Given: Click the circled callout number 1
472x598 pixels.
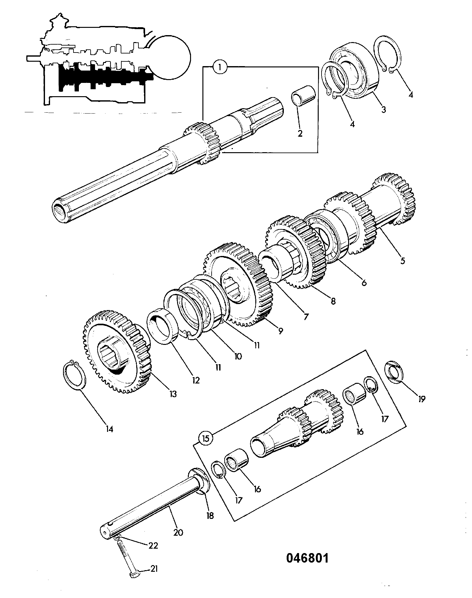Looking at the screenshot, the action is (x=220, y=67).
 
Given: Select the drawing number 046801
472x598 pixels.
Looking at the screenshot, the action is (x=308, y=558).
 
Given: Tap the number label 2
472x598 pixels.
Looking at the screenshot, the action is (x=300, y=133).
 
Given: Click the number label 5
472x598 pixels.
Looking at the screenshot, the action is (x=402, y=261).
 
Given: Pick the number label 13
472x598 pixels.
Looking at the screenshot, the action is (x=173, y=394).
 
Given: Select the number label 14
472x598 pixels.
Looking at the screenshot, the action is (x=110, y=429).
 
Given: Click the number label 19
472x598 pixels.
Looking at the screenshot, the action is (x=421, y=399).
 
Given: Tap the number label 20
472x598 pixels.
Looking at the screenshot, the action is (x=178, y=533).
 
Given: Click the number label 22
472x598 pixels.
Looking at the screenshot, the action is (x=153, y=546).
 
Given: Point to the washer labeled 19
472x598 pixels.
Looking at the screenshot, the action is (x=395, y=371).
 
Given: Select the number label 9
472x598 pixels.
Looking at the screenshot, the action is (x=281, y=331).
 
